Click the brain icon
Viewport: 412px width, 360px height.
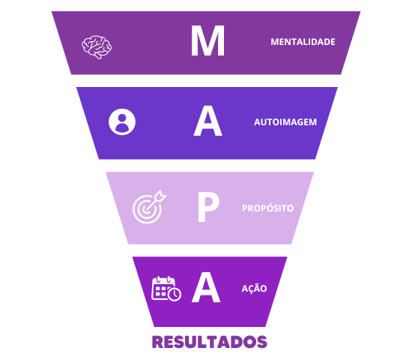point(97,47)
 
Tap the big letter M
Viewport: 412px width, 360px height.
point(207,40)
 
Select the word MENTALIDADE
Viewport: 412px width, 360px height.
point(303,42)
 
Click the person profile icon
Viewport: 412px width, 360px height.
point(122,121)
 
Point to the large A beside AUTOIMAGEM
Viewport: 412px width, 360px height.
point(207,121)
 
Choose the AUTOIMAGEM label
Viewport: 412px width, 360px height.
point(285,122)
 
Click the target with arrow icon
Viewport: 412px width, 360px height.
point(149,207)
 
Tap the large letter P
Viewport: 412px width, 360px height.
point(208,207)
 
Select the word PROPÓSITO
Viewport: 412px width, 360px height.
point(267,208)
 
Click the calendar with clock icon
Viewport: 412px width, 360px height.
point(166,289)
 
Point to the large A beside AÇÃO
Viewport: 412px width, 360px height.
point(206,287)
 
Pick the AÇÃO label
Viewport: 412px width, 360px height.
point(254,288)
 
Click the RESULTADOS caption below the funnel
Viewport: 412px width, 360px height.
point(210,342)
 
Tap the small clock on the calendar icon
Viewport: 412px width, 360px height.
point(175,294)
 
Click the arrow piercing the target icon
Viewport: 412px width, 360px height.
point(156,200)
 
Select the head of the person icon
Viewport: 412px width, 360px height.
point(122,118)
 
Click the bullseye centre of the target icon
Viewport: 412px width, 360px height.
point(146,209)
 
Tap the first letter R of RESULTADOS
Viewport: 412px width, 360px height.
point(158,342)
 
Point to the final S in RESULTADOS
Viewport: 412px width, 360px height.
point(261,342)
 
